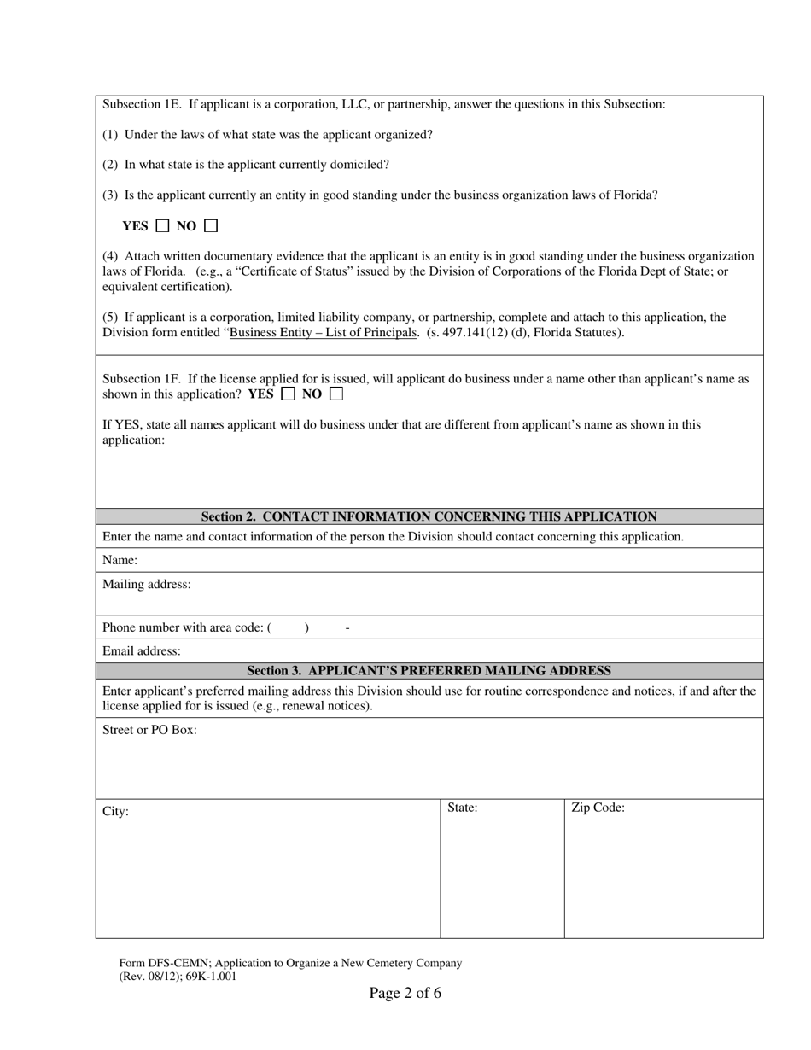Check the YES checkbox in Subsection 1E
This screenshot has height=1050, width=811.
point(162,226)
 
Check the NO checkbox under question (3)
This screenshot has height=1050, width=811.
point(211,226)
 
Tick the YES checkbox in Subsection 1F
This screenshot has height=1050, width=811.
point(288,394)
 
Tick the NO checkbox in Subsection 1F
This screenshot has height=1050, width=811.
point(335,394)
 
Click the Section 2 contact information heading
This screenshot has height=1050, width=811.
point(429,516)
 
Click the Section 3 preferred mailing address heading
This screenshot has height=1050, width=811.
point(429,671)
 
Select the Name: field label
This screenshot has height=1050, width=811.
point(120,560)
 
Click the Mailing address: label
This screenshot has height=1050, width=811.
point(147,584)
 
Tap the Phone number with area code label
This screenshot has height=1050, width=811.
point(183,627)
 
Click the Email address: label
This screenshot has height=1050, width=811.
point(142,650)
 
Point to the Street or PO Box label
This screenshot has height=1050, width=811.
point(149,730)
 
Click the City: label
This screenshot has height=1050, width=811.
point(115,811)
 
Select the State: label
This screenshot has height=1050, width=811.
point(462,808)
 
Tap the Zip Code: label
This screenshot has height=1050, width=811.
point(598,808)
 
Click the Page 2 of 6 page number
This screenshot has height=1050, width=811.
point(405,993)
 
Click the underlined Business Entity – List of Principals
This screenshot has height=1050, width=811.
point(323,333)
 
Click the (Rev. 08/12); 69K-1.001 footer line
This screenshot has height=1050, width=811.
point(178,977)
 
